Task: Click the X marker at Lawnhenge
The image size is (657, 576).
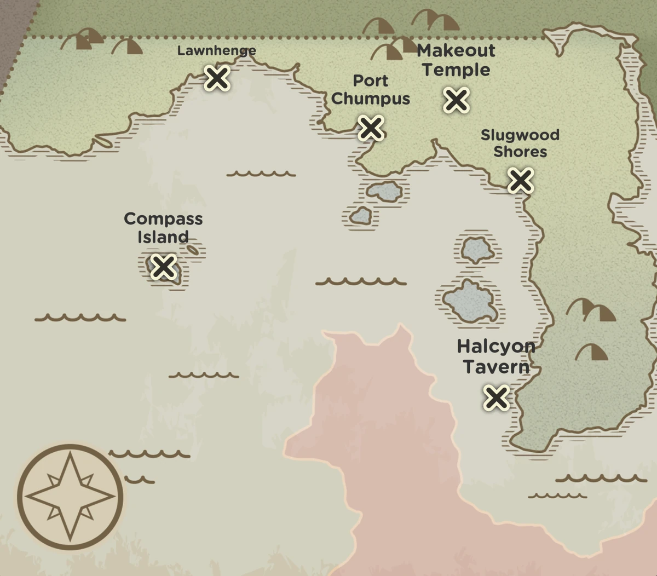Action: click(x=217, y=78)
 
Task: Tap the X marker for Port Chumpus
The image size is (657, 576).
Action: click(x=371, y=128)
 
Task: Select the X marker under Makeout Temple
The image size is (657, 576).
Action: click(x=456, y=100)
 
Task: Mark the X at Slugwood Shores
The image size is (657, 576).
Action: click(x=520, y=180)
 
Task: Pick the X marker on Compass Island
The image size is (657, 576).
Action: click(x=163, y=267)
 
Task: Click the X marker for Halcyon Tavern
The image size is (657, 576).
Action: click(x=496, y=397)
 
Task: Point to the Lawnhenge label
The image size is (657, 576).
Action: click(x=216, y=51)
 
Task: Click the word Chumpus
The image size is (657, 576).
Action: click(x=371, y=99)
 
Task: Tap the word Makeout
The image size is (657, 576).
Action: click(x=456, y=51)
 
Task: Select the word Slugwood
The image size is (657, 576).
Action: click(x=520, y=135)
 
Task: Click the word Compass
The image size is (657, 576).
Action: click(x=163, y=219)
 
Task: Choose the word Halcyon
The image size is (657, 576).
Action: click(x=496, y=347)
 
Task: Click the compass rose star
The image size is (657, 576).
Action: click(x=70, y=497)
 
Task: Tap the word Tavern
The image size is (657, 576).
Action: click(x=496, y=367)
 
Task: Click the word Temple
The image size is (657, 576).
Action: click(x=456, y=70)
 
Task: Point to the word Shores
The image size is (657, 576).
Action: click(x=520, y=152)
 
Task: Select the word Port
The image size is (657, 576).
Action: click(x=371, y=80)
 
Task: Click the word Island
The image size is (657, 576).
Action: click(x=163, y=237)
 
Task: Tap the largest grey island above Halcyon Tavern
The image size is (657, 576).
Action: click(x=470, y=302)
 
